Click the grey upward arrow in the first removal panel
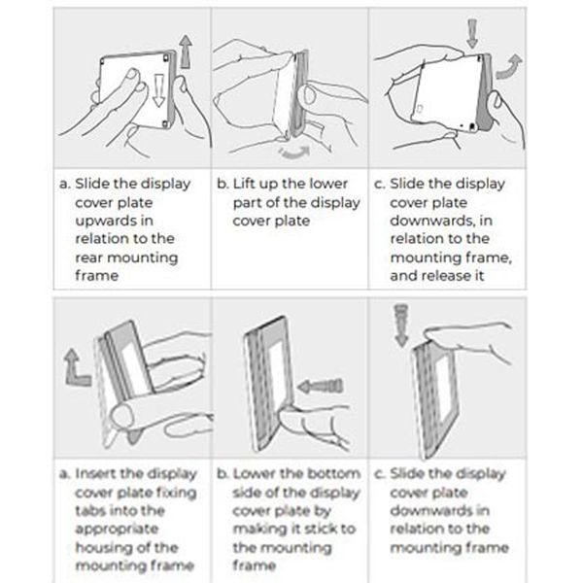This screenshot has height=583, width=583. [186, 51]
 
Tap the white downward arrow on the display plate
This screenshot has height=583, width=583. [158, 90]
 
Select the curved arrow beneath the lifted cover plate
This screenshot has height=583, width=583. [293, 153]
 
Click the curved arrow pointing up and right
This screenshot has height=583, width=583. [508, 66]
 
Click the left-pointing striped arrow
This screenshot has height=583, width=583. [321, 387]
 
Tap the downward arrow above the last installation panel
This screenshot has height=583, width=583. [401, 326]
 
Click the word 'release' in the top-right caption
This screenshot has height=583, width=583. [447, 276]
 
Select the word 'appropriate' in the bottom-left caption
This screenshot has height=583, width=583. [117, 530]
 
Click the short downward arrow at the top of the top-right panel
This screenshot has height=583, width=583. [472, 33]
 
